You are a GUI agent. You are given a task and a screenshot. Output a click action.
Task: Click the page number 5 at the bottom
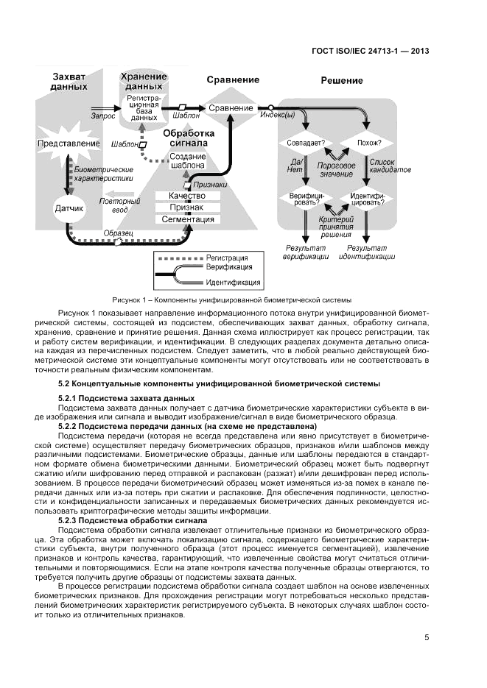click(427, 637)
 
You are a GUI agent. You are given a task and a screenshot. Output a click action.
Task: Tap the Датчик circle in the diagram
click(69, 208)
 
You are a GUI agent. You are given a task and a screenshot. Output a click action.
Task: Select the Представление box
click(69, 143)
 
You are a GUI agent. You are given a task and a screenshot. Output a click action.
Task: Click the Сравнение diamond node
click(231, 108)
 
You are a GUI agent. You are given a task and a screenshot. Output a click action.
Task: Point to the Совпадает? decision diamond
click(303, 142)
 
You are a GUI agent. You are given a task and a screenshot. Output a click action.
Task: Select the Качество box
click(187, 196)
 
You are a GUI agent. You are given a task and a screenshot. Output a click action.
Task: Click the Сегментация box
click(187, 219)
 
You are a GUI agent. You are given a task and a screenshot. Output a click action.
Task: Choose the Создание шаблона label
click(187, 161)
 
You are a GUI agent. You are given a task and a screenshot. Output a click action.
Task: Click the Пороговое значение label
click(335, 170)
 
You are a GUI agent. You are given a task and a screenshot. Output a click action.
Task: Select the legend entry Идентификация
click(233, 282)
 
